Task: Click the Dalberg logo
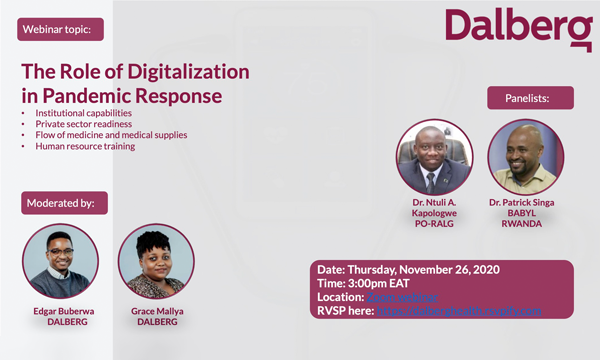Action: tap(518, 29)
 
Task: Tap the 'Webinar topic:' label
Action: tap(61, 30)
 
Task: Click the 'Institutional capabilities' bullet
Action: tap(82, 113)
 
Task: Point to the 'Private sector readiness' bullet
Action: tap(83, 124)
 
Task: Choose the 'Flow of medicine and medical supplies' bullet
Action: tap(110, 135)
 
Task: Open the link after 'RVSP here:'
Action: tap(460, 311)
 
